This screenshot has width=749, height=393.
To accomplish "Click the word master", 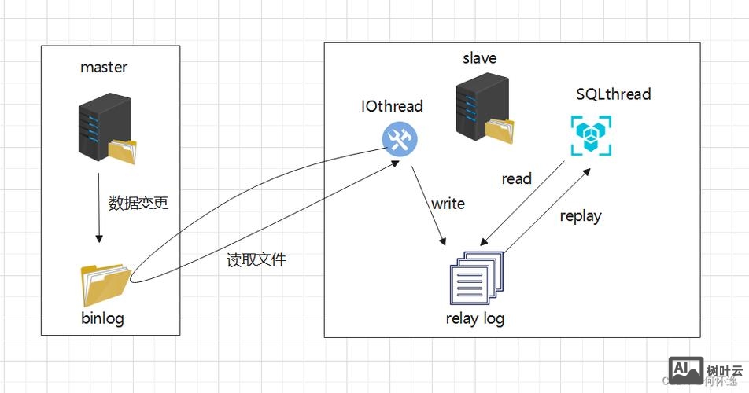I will pyautogui.click(x=104, y=68).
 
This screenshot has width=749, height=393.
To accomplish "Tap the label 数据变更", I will pyautogui.click(x=138, y=203).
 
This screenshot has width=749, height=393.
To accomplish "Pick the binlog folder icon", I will pyautogui.click(x=105, y=285).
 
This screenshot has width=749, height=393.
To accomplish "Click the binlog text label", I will pyautogui.click(x=103, y=319).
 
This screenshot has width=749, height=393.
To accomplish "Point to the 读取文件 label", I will pyautogui.click(x=256, y=260).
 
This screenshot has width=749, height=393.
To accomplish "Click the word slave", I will pyautogui.click(x=480, y=58).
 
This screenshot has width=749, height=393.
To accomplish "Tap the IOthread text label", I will pyautogui.click(x=392, y=106).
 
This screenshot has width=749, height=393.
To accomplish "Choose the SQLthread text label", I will pyautogui.click(x=614, y=94).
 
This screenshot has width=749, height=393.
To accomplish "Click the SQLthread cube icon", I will pyautogui.click(x=588, y=134).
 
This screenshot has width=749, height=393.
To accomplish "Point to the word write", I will pyautogui.click(x=448, y=204).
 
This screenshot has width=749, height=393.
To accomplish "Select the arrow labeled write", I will pyautogui.click(x=430, y=204).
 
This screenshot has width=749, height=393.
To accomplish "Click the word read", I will pyautogui.click(x=516, y=179).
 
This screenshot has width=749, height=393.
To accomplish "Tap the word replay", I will pyautogui.click(x=581, y=216).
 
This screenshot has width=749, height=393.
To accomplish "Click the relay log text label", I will pyautogui.click(x=475, y=318).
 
